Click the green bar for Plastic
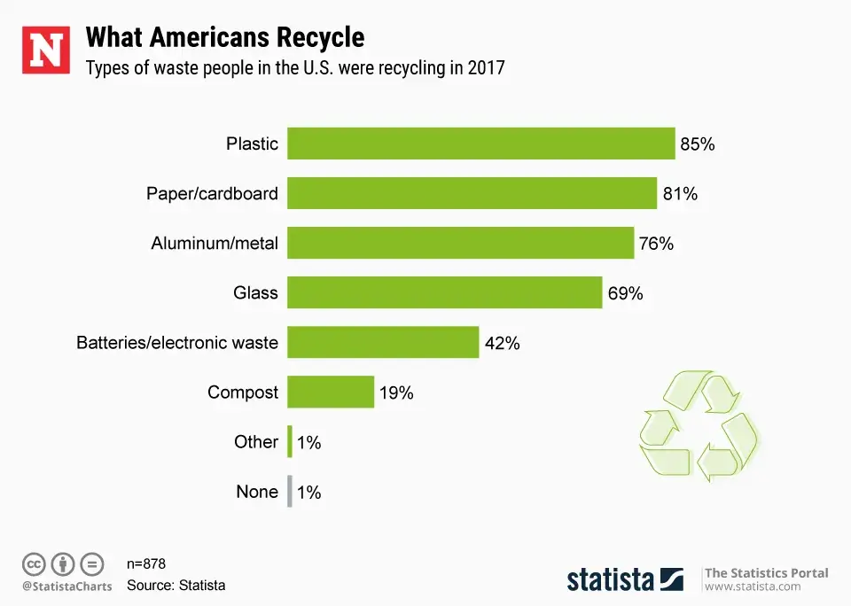481,144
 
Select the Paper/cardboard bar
472,193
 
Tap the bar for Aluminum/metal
461,243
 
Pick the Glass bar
445,292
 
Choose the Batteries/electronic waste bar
383,342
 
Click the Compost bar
331,392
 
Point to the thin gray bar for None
290,491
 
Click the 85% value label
698,144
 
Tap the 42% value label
502,343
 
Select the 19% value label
396,392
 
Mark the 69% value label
625,293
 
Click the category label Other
256,441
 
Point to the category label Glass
255,292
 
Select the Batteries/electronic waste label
177,342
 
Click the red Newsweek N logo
46,50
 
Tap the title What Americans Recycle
224,37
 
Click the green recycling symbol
698,426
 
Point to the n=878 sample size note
146,563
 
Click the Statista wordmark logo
625,579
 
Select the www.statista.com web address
753,587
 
